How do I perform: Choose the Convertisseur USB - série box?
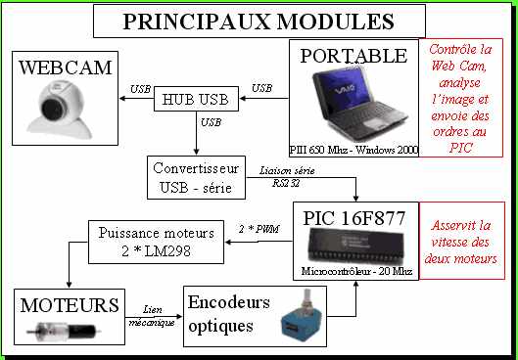click(197, 176)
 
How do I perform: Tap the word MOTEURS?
click(67, 305)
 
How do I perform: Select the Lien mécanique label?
click(154, 315)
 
